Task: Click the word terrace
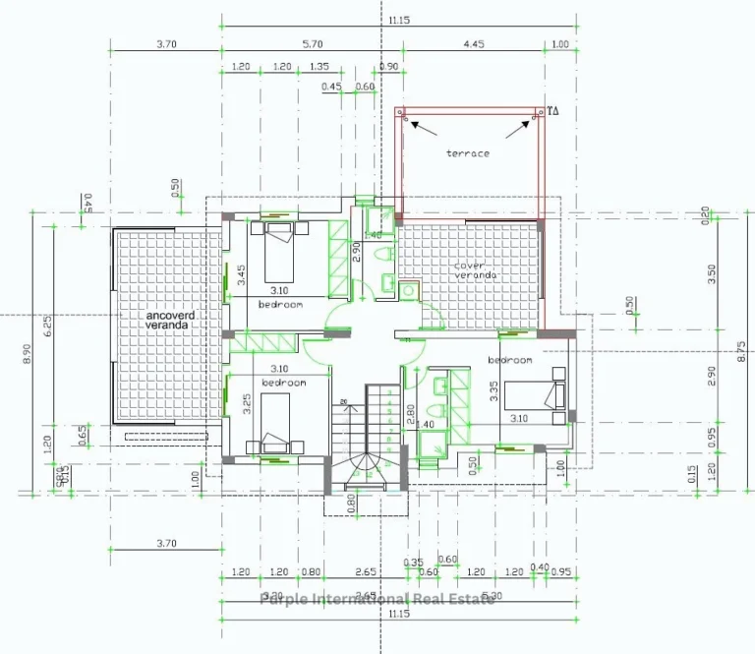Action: [467, 153]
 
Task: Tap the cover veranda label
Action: [475, 270]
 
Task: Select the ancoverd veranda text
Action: [170, 320]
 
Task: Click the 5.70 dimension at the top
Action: [312, 44]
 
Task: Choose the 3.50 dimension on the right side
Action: [712, 273]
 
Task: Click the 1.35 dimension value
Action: [319, 67]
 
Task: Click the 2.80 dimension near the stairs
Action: [410, 416]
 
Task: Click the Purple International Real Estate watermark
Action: [377, 599]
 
